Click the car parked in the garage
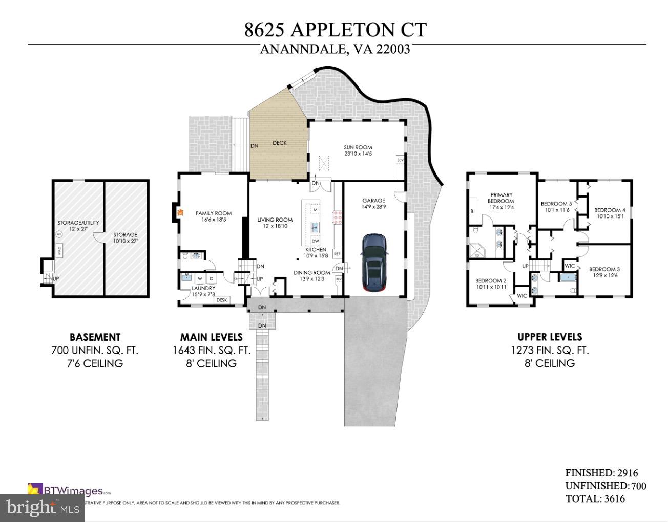[x=374, y=263]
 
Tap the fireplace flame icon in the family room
[x=180, y=211]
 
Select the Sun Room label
[x=358, y=147]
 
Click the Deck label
[x=280, y=143]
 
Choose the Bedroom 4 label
[x=610, y=210]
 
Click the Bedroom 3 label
[x=604, y=269]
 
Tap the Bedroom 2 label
[x=490, y=280]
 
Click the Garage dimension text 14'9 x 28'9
[x=373, y=207]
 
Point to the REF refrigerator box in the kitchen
[x=337, y=253]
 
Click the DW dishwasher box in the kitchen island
[x=315, y=241]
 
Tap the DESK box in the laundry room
[x=222, y=300]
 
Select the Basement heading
[x=95, y=337]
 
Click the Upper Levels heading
[x=550, y=337]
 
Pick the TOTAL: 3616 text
[x=595, y=498]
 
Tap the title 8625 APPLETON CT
[x=335, y=30]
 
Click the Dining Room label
[x=311, y=273]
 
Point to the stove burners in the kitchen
[x=338, y=217]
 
